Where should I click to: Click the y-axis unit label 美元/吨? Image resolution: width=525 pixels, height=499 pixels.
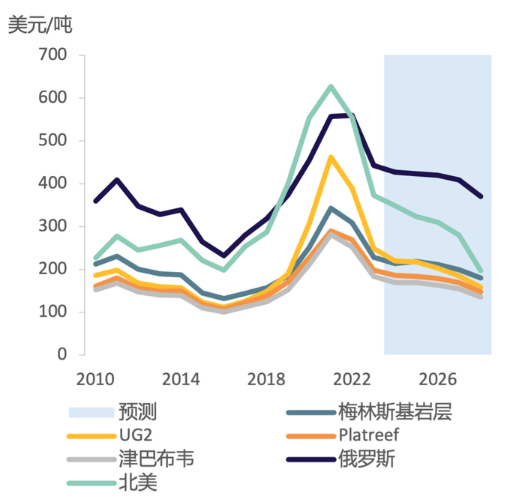point(40,24)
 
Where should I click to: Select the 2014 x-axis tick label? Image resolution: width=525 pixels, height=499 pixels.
point(181,377)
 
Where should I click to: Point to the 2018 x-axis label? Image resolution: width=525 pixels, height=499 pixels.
point(265,377)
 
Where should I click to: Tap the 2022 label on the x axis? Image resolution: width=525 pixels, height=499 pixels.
point(352,377)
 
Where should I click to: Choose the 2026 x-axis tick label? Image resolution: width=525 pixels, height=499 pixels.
point(437,377)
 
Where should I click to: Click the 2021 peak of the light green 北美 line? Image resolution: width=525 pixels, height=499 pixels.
point(331,87)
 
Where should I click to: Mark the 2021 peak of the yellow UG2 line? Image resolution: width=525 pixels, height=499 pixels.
point(331,157)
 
